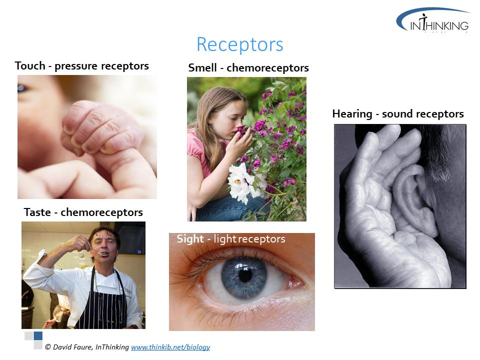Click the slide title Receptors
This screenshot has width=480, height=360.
[239, 45]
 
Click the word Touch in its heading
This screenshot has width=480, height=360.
[30, 66]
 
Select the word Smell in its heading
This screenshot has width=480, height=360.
[202, 67]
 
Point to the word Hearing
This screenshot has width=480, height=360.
[352, 114]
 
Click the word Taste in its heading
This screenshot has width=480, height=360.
[37, 212]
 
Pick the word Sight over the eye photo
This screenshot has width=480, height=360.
[190, 239]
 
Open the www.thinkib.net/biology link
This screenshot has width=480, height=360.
[170, 347]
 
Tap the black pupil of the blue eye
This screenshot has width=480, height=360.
[245, 274]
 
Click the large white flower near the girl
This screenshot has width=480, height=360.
[242, 183]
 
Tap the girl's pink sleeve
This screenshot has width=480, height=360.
[196, 150]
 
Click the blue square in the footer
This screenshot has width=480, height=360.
[38, 336]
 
